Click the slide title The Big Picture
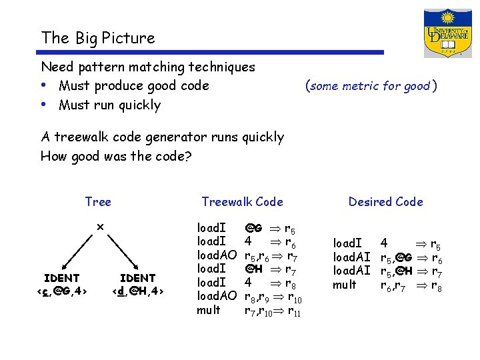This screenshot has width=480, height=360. [x=98, y=38]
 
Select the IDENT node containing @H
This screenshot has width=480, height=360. [x=137, y=284]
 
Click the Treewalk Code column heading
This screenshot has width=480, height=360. [x=242, y=202]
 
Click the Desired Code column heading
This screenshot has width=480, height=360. [x=385, y=202]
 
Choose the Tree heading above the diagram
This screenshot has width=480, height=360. [x=98, y=202]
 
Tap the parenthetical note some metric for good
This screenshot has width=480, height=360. [x=371, y=86]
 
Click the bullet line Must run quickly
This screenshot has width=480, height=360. [x=109, y=105]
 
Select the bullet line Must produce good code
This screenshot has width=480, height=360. [x=133, y=86]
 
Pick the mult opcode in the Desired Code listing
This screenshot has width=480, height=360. [x=345, y=285]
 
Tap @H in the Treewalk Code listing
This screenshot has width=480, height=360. [x=253, y=269]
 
